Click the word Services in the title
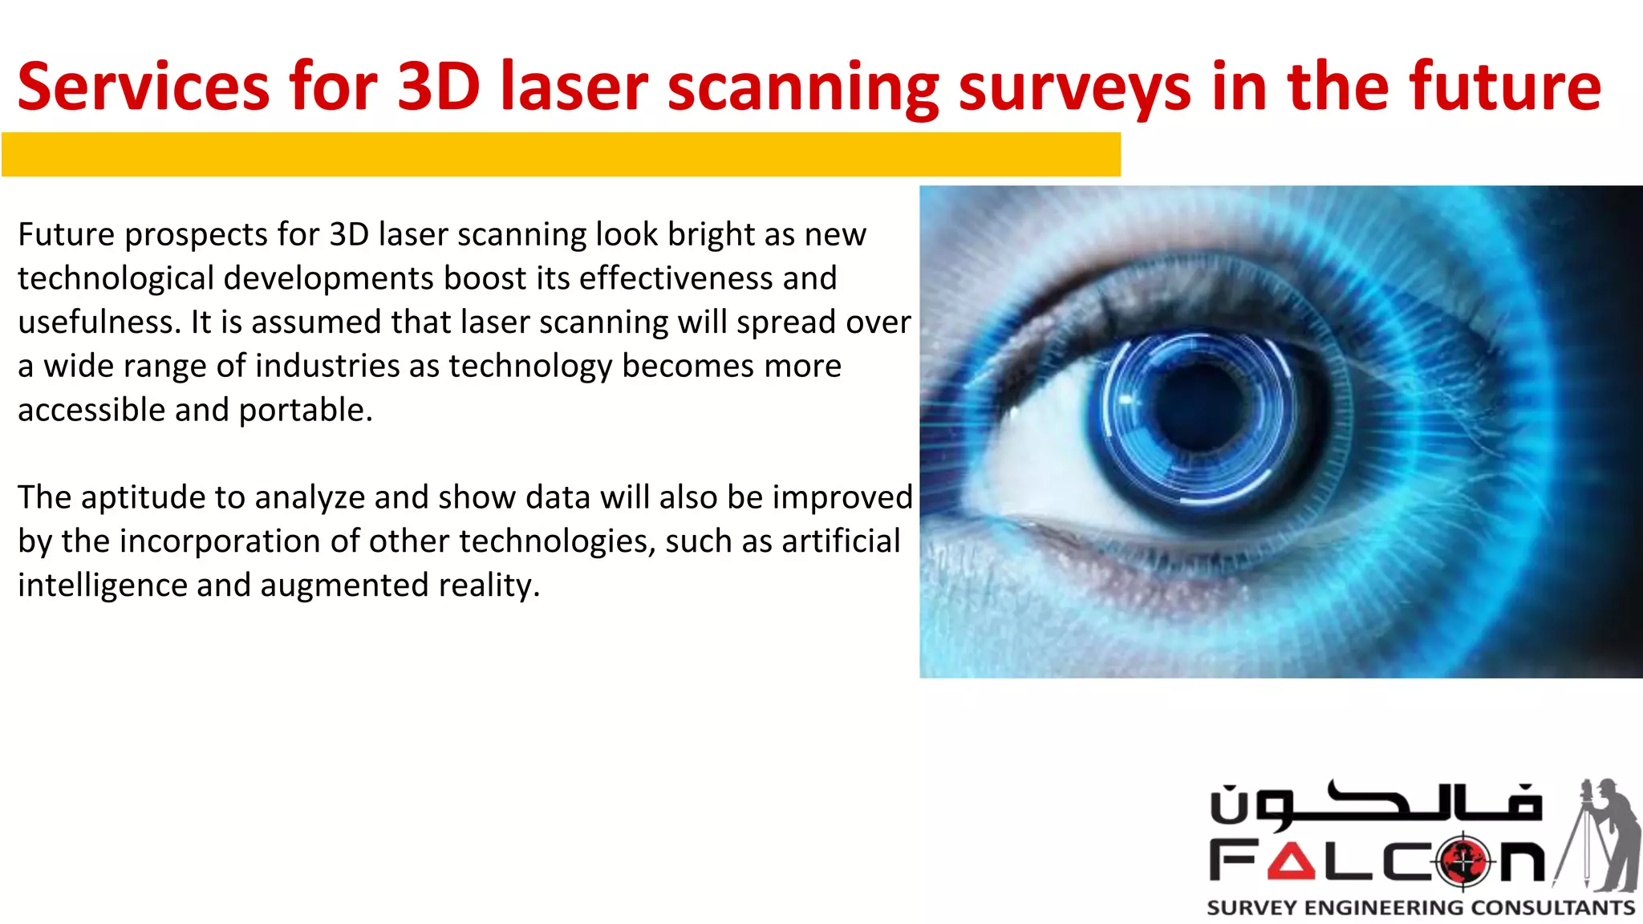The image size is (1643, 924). coord(144,87)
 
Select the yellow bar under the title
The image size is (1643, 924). coord(561,154)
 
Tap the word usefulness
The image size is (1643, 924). coord(99,322)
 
